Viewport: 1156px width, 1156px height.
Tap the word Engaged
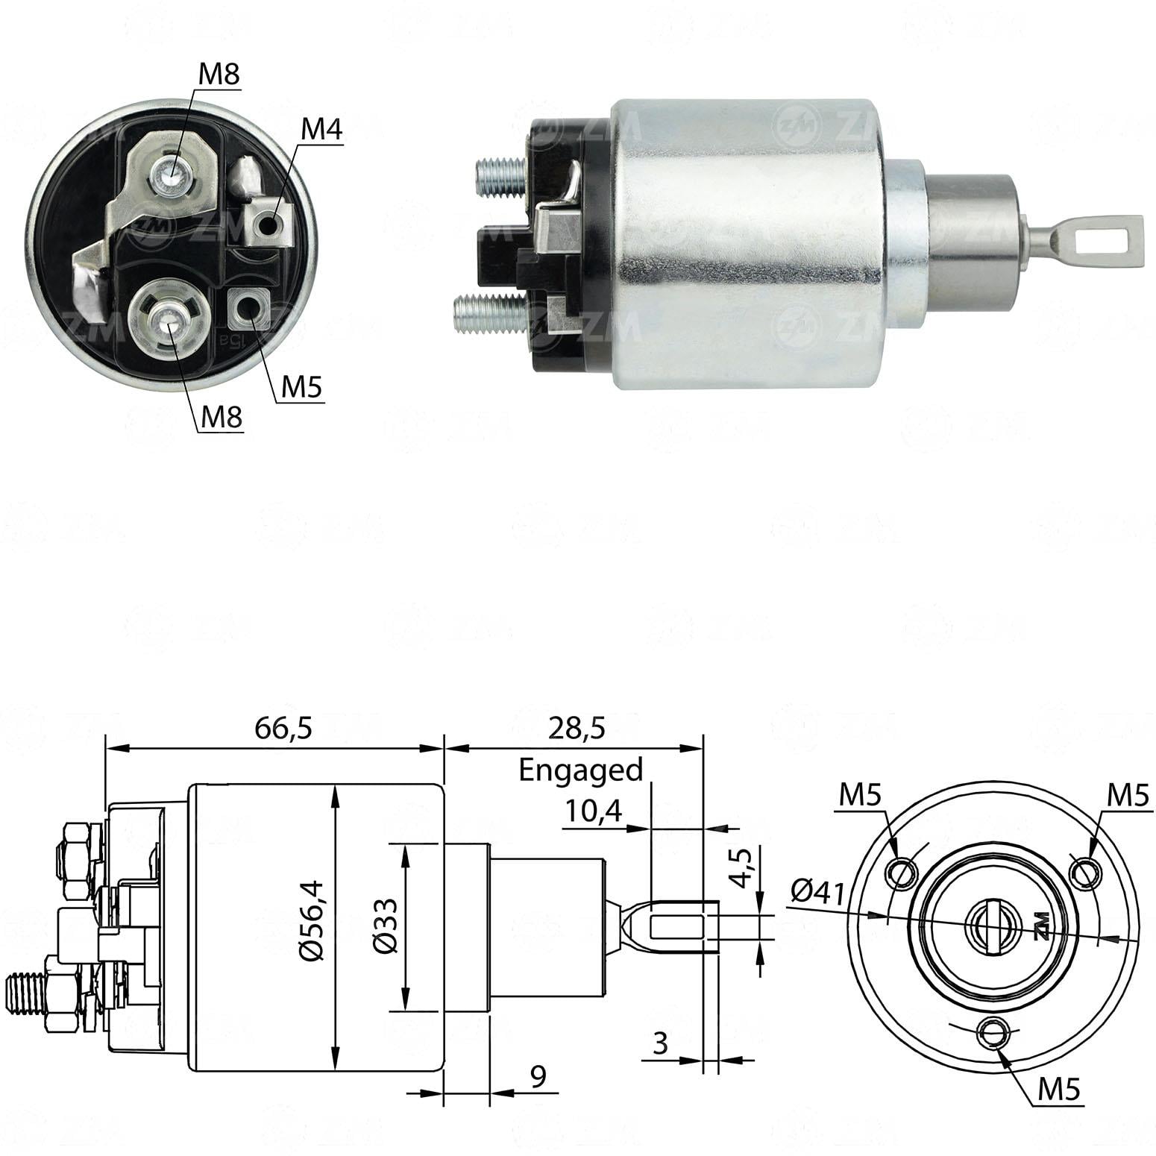[580, 770]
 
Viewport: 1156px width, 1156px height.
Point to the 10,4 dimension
[592, 811]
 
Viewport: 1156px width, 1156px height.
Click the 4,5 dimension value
[741, 865]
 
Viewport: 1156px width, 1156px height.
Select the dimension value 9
[538, 1075]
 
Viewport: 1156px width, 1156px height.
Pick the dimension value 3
[659, 1043]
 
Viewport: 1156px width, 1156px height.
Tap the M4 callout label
[321, 130]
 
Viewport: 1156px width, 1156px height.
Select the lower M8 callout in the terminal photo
[222, 418]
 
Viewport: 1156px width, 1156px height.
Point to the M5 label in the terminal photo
[301, 387]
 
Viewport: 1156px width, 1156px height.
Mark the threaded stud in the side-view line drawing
[24, 992]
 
